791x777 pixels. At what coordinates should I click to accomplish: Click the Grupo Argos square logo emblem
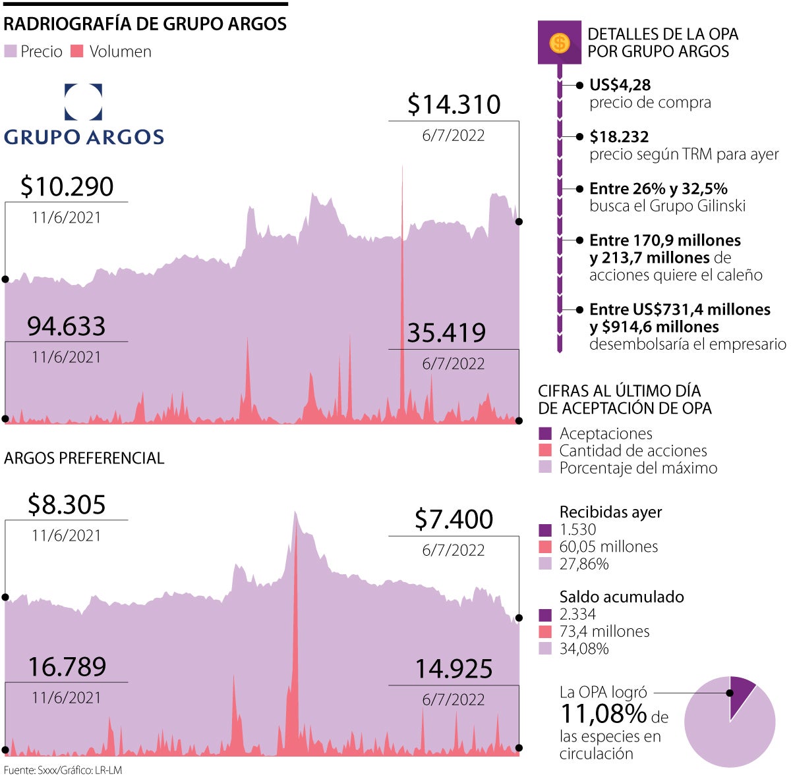pyautogui.click(x=83, y=101)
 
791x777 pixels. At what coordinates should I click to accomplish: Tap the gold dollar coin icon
pyautogui.click(x=560, y=43)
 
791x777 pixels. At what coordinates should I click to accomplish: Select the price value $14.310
pyautogui.click(x=454, y=105)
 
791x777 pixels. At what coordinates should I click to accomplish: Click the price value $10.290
pyautogui.click(x=67, y=187)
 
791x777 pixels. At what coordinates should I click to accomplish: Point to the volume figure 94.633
pyautogui.click(x=66, y=327)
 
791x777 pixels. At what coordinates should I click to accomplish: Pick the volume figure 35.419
pyautogui.click(x=446, y=333)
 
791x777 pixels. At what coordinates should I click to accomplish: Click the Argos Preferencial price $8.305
pyautogui.click(x=67, y=505)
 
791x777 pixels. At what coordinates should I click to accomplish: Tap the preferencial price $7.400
pyautogui.click(x=454, y=520)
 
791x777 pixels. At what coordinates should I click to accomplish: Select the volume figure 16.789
pyautogui.click(x=67, y=667)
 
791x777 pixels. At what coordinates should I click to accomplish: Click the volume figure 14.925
pyautogui.click(x=454, y=669)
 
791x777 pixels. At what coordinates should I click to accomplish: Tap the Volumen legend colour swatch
pyautogui.click(x=77, y=51)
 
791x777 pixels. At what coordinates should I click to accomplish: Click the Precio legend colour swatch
pyautogui.click(x=11, y=51)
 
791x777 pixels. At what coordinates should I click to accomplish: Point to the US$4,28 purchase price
pyautogui.click(x=620, y=85)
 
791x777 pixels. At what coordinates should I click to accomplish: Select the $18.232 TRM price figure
pyautogui.click(x=619, y=137)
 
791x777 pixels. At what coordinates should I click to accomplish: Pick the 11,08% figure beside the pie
pyautogui.click(x=604, y=713)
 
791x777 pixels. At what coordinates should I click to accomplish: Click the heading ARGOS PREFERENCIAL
pyautogui.click(x=84, y=458)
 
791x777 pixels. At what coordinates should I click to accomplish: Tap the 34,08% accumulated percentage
pyautogui.click(x=583, y=649)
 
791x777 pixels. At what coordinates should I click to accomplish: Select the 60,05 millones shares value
pyautogui.click(x=608, y=547)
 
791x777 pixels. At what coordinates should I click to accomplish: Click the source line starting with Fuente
pyautogui.click(x=63, y=770)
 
